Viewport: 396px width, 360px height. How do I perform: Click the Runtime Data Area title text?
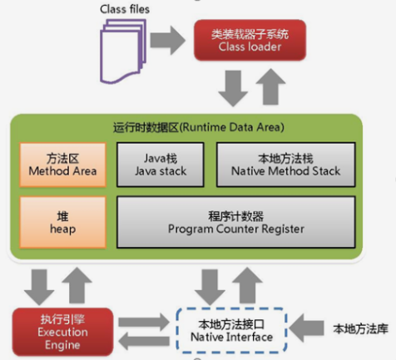[x=198, y=127]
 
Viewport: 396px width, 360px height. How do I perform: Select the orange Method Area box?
[x=62, y=164]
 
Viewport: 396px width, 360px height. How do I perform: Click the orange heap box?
[x=62, y=220]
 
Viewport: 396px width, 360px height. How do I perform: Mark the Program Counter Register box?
[x=235, y=220]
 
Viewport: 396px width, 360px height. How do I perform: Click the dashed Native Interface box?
[x=231, y=331]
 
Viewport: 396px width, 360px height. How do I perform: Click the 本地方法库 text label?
[x=360, y=328]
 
